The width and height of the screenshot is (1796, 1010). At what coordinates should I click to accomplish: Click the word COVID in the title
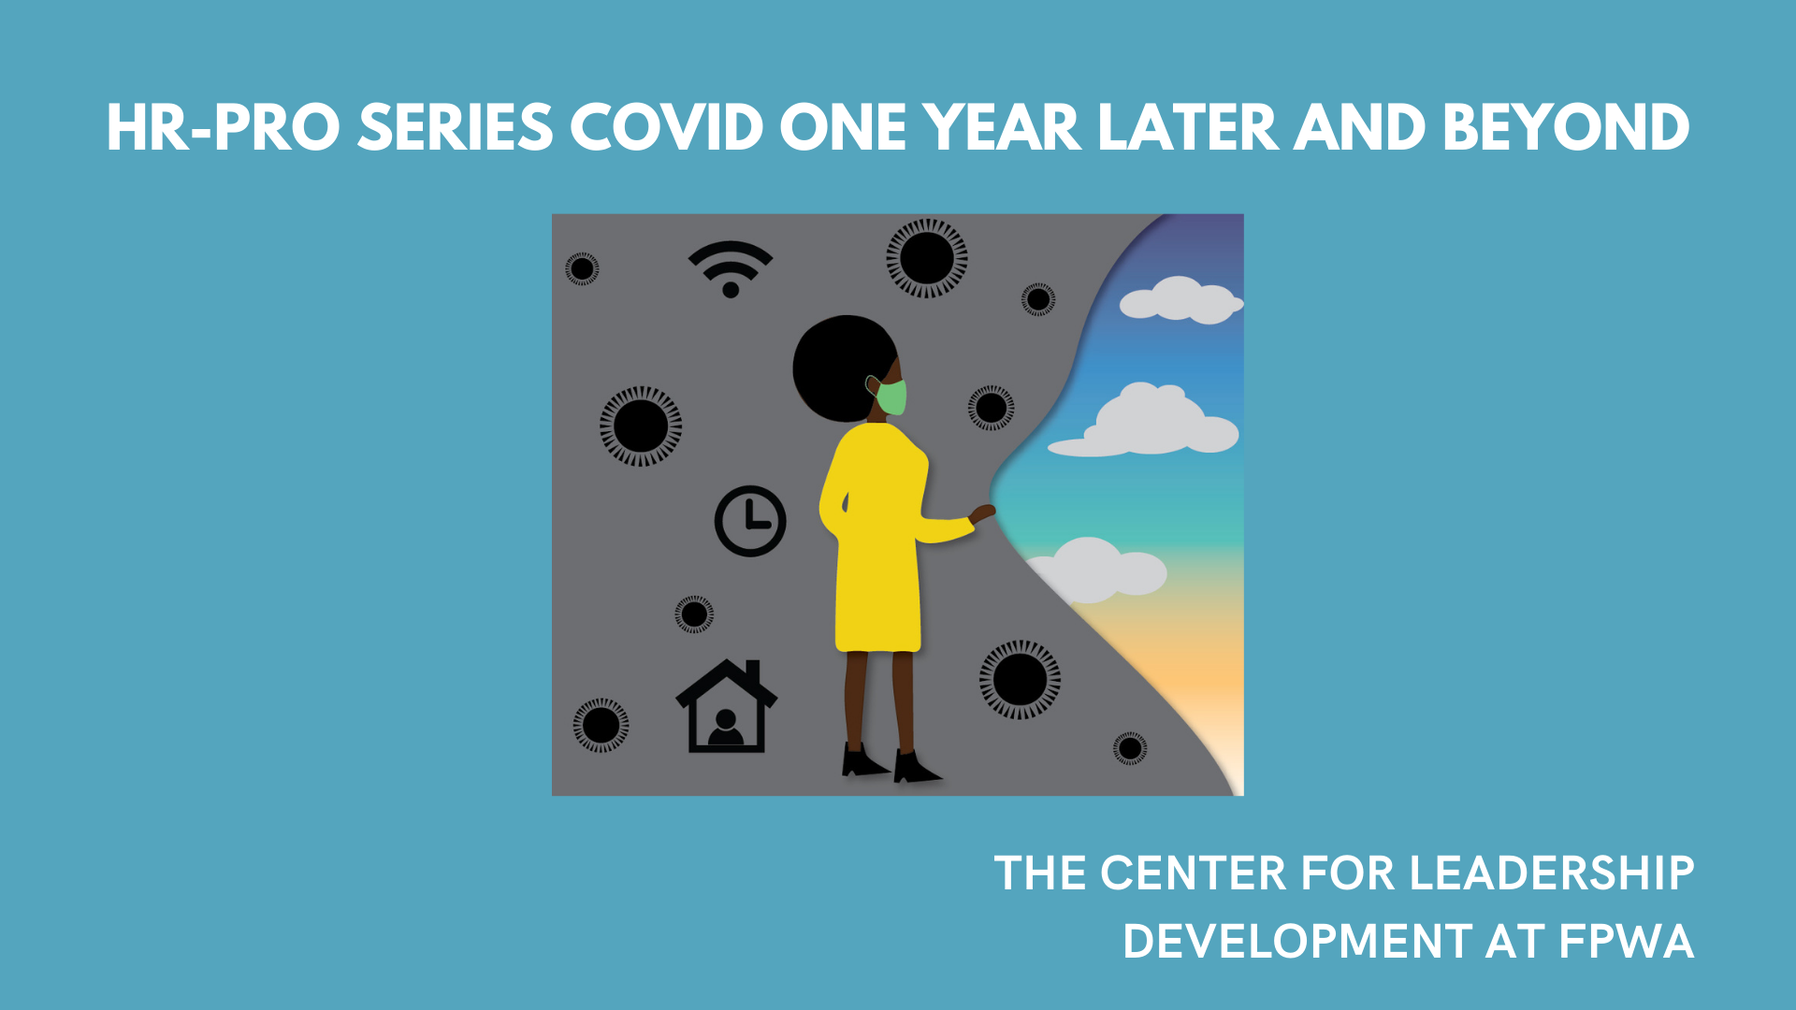667,127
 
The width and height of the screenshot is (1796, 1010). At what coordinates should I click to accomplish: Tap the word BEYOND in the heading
1566,127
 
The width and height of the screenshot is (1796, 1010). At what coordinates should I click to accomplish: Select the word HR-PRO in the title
224,127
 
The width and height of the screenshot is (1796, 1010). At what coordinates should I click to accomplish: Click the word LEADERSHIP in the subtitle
1552,873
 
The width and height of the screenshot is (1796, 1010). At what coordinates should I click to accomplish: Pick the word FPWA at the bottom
1627,941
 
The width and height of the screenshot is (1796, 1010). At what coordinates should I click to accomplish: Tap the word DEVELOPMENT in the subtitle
1297,941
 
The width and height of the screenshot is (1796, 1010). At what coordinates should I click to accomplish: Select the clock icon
750,521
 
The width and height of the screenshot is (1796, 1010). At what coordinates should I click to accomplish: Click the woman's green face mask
891,397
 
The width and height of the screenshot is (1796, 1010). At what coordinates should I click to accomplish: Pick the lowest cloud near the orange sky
1099,569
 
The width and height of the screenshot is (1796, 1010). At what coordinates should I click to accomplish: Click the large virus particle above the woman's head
927,258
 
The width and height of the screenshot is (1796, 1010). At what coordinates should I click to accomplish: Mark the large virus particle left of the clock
641,426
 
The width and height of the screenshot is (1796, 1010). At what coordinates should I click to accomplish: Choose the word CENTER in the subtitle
1194,873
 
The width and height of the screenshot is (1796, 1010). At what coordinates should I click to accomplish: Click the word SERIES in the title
456,127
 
